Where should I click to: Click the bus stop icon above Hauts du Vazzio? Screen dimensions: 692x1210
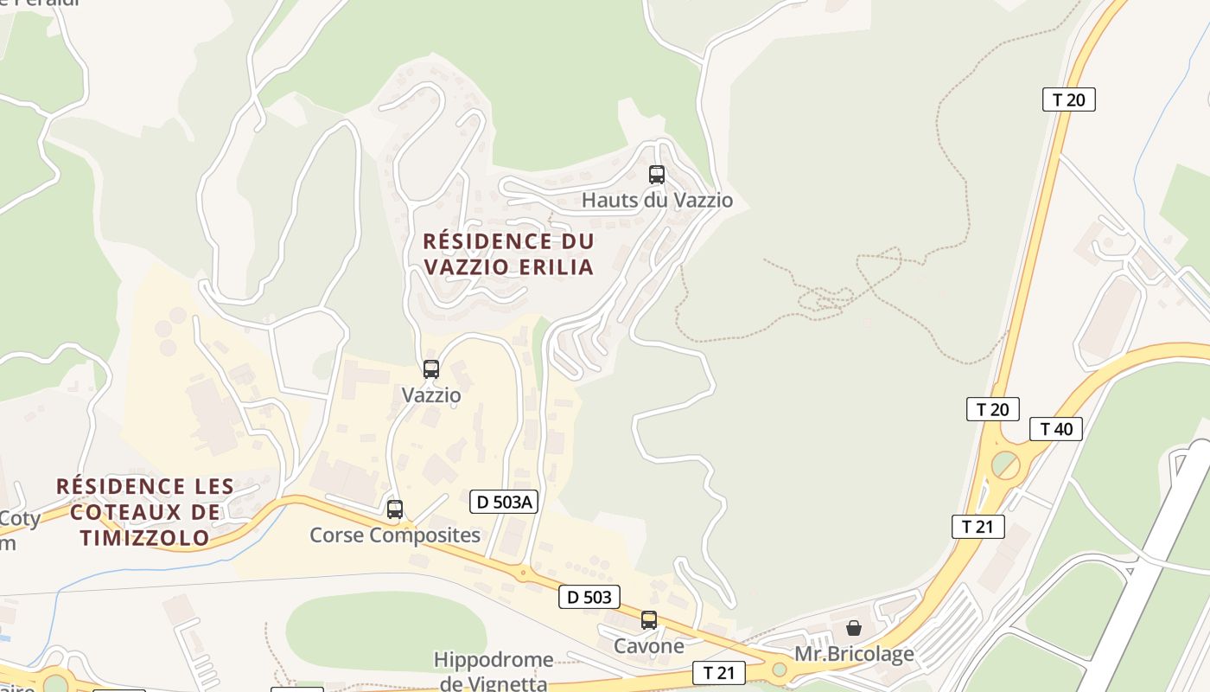pos(657,175)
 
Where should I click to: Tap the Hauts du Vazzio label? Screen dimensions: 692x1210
pos(657,201)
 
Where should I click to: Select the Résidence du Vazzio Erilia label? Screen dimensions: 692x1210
pos(509,253)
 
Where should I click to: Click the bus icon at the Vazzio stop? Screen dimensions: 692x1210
pos(431,369)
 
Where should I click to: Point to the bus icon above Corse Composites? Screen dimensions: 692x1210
pos(395,509)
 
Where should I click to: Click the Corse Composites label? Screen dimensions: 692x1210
pos(395,535)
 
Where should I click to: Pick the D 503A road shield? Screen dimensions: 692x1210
pos(504,501)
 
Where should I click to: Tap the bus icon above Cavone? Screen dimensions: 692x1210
pos(649,620)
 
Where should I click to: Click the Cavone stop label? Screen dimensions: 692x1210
pos(649,646)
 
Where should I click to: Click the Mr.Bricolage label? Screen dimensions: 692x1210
pos(854,654)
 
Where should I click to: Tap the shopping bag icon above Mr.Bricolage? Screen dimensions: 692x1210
pos(854,628)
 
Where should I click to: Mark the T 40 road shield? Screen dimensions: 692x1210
pos(1056,429)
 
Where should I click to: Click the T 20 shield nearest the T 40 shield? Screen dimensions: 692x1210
pos(993,409)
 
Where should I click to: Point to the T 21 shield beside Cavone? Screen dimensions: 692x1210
pos(719,673)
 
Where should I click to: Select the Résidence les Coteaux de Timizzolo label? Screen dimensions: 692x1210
pos(145,512)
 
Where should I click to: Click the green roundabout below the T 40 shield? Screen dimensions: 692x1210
pos(1005,465)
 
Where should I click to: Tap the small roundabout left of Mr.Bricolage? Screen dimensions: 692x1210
pos(780,669)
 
